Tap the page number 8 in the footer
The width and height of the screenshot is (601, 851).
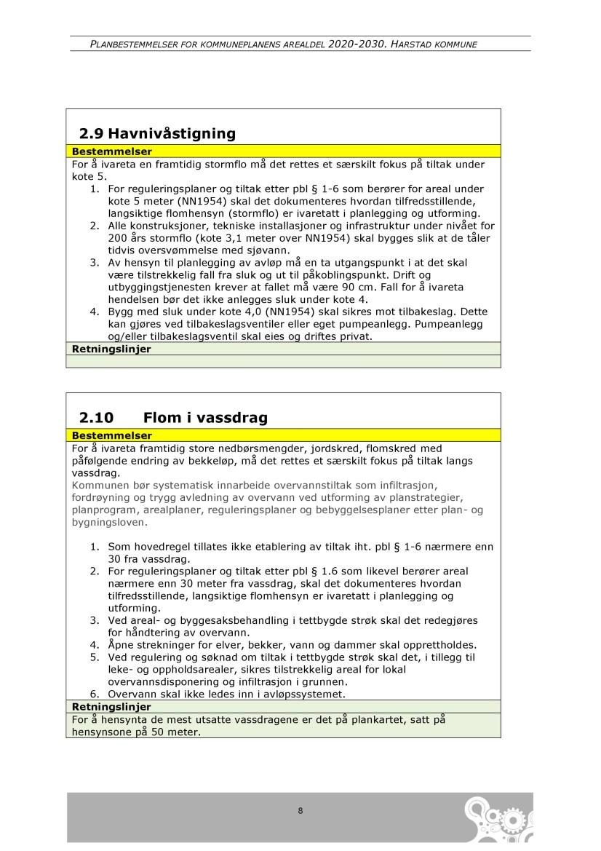coord(300,811)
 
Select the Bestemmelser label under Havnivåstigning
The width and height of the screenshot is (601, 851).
coord(111,151)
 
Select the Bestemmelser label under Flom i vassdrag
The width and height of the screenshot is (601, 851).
coord(111,435)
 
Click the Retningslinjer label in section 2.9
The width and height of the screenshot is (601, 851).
coord(111,349)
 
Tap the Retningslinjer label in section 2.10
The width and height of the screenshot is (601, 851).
coord(111,706)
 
